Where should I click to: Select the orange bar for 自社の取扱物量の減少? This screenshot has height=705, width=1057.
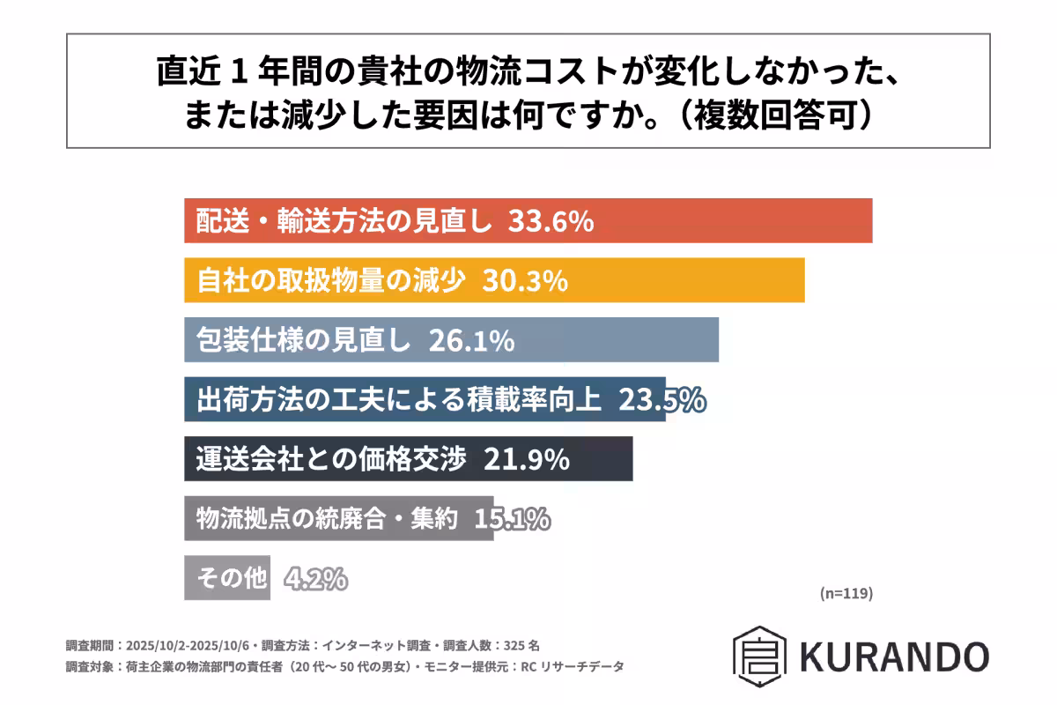[x=687, y=280]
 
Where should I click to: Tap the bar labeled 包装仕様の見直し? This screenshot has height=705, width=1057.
[x=617, y=340]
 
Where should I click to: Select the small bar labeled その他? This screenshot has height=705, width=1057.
[x=227, y=578]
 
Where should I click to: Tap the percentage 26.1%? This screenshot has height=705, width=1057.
[x=471, y=340]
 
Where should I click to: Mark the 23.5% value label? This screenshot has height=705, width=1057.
[x=662, y=400]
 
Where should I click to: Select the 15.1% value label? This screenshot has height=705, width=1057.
[x=512, y=519]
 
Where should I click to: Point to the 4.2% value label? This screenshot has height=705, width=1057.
[x=315, y=579]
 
